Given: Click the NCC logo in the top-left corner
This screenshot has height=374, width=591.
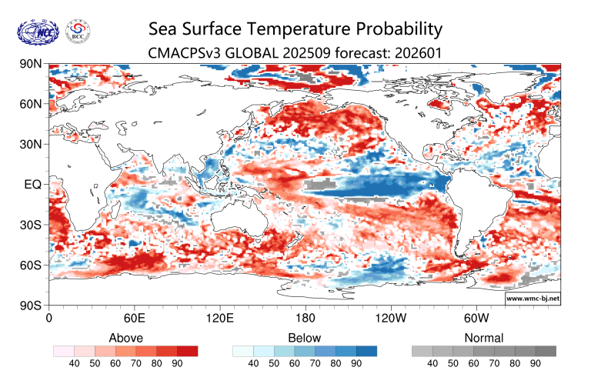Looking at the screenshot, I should (35, 32).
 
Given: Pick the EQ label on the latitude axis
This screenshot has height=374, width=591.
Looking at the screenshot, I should (33, 185).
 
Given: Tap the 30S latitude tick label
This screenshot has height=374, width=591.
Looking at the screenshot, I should (30, 225).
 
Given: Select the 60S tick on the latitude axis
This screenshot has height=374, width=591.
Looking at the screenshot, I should (30, 265).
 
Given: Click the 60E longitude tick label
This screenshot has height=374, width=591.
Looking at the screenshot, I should (135, 318).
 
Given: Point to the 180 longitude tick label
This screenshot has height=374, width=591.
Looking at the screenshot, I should (306, 318).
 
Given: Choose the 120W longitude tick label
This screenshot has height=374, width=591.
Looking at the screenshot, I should (391, 318).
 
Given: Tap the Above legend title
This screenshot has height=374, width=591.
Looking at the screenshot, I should (126, 337).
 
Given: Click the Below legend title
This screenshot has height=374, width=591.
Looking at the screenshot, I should (305, 337).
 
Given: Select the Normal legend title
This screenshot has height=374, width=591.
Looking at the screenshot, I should (484, 337).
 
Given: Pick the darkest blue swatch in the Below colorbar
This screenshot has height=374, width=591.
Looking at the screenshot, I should (367, 351).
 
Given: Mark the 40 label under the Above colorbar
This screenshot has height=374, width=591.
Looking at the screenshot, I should (75, 363).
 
